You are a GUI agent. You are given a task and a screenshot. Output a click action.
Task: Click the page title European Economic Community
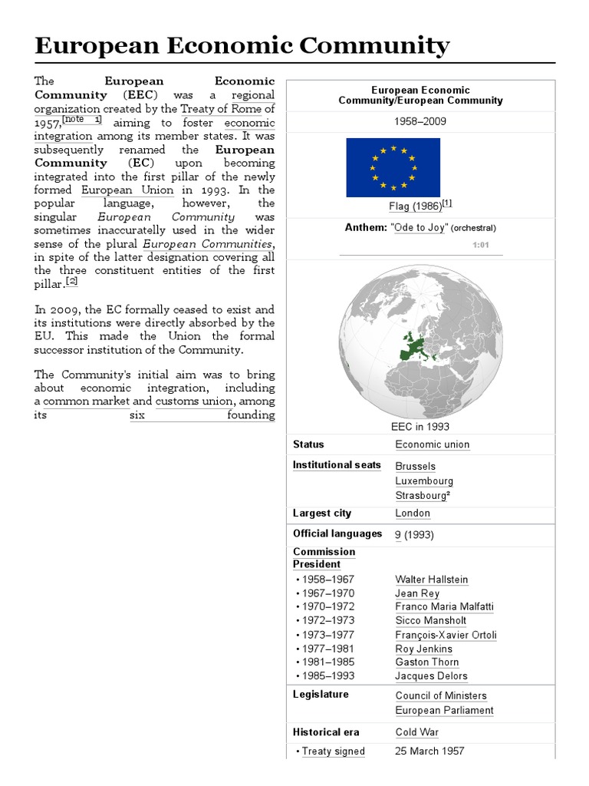pos(242,46)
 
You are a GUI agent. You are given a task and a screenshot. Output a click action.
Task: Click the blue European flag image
pos(393,167)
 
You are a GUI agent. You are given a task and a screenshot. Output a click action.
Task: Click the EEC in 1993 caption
pos(420,427)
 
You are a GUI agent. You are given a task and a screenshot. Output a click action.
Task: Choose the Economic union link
pos(433,444)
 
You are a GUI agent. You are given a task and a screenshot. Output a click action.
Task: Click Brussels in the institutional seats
pos(415,466)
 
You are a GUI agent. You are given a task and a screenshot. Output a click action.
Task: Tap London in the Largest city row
pos(413,514)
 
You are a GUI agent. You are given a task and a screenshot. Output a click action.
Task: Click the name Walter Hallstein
pos(432,580)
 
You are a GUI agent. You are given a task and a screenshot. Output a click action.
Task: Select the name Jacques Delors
pos(431,676)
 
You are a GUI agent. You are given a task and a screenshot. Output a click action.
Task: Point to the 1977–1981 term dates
pos(328,649)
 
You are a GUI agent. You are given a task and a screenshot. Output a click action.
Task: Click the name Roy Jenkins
pos(424,649)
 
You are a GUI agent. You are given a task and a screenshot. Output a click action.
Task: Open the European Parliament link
pos(444,710)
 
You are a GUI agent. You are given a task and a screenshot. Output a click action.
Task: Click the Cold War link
pos(417,732)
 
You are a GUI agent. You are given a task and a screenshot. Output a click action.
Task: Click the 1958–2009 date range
pos(420,122)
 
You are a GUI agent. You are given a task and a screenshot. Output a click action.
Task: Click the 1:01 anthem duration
pos(481,246)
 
